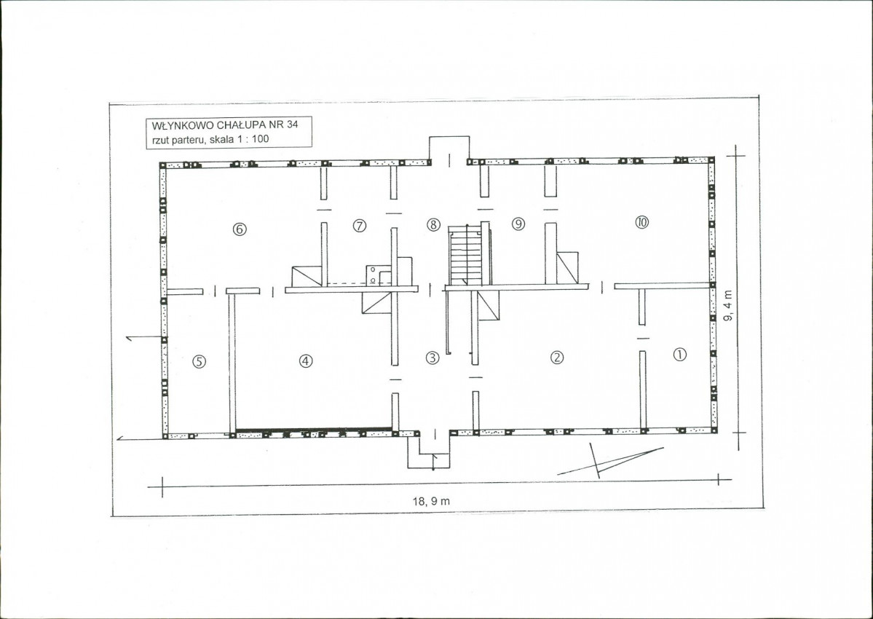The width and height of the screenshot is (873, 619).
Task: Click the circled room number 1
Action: coord(680,354)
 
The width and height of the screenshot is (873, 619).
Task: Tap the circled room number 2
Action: coord(557,358)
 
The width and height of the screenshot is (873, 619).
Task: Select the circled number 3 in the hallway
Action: coord(432,358)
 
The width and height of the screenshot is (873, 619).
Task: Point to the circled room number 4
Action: coord(306,360)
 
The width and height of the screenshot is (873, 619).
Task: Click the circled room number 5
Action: coord(200,361)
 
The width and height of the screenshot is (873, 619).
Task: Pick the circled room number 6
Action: coord(240,229)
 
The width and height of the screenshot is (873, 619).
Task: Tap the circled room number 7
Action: coord(360,226)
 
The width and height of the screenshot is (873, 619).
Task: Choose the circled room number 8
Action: coord(433,225)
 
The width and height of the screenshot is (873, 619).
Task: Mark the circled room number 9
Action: coord(518,224)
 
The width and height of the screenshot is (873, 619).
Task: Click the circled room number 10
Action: coord(641,222)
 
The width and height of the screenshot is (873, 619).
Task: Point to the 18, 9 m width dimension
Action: coord(431,501)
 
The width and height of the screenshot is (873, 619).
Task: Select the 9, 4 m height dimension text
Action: coord(729,305)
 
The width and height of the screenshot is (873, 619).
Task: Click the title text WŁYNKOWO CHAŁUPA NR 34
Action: coord(224,125)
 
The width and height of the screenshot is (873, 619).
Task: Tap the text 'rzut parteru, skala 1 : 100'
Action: coord(210,139)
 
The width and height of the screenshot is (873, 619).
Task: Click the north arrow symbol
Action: coord(610,461)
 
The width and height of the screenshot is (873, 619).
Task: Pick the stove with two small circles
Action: coord(378,275)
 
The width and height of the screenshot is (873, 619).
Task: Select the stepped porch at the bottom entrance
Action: coord(430,451)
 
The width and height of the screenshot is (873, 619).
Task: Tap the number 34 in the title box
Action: coord(292,124)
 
